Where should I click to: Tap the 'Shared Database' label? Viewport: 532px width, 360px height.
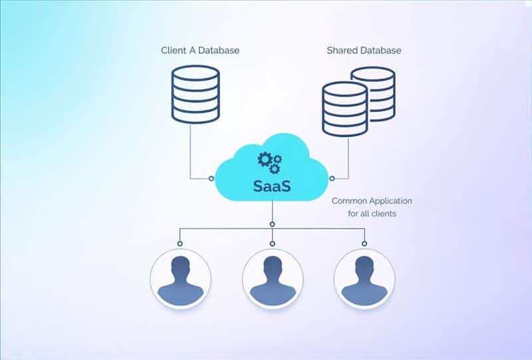[364, 51]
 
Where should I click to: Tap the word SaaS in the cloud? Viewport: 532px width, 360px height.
[272, 186]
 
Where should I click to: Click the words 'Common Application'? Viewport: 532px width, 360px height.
[372, 200]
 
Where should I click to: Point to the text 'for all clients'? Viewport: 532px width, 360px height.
[372, 214]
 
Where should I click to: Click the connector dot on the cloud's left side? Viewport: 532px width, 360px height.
[211, 178]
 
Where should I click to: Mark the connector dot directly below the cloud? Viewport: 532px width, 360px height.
[273, 222]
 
